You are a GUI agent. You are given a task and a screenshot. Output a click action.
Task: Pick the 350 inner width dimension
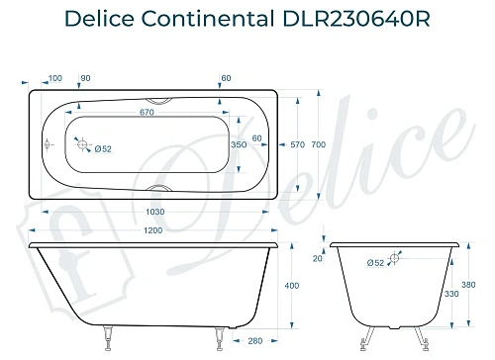tap(238, 144)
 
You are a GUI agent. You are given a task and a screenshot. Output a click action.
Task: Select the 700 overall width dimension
tap(318, 144)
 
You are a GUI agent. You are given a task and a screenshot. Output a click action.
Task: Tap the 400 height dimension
tap(290, 286)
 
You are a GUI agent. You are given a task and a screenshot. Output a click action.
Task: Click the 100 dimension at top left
tap(54, 77)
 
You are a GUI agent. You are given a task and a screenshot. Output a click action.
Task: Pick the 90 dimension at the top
tap(85, 77)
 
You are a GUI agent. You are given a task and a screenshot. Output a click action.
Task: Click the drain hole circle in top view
tap(84, 143)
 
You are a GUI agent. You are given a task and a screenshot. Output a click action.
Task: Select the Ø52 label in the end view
tap(374, 263)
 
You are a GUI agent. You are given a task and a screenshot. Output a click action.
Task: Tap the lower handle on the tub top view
tap(158, 188)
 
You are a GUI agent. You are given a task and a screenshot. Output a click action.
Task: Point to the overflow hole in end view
tap(395, 258)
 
